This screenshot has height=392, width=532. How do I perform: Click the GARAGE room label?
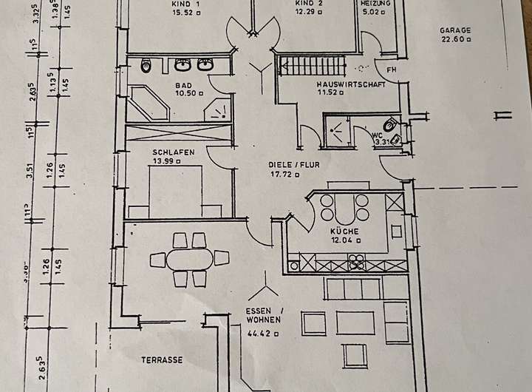pos(455,30)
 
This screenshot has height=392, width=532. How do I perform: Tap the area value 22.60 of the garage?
pos(453,40)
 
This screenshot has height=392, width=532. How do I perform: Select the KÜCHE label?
pos(344,232)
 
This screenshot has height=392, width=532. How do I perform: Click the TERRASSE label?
pos(162,360)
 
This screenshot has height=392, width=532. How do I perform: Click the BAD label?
pos(183,86)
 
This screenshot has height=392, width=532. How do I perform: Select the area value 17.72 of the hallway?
pos(284,175)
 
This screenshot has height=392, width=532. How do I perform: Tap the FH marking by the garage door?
pos(391,70)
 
